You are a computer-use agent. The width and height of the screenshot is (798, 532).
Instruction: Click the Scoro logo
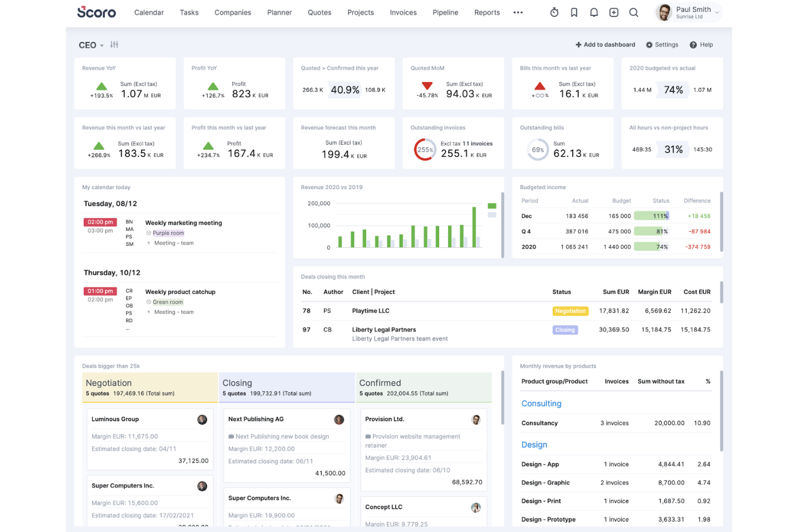click(97, 12)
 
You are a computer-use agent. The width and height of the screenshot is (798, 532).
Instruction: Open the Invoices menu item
click(403, 12)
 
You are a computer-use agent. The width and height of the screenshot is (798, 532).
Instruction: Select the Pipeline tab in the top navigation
click(445, 12)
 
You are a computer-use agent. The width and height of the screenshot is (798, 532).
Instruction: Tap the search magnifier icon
click(634, 12)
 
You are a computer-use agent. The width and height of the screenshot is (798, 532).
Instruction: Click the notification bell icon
click(594, 12)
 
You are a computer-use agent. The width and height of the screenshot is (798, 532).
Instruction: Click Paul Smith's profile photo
click(664, 12)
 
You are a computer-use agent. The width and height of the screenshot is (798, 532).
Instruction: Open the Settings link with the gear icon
click(662, 45)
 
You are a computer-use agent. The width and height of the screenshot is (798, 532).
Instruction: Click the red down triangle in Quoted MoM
click(427, 86)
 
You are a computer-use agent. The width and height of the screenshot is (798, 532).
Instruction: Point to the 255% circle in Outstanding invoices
click(425, 150)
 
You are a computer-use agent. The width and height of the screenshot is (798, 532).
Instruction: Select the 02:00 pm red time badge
click(100, 222)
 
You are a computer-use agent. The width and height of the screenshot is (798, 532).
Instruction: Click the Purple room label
click(168, 233)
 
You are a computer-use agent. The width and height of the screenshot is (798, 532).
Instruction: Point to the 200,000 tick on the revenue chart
click(319, 204)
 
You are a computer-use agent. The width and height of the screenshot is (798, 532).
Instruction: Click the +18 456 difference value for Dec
click(699, 216)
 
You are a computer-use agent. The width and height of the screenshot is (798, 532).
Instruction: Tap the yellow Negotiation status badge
click(570, 311)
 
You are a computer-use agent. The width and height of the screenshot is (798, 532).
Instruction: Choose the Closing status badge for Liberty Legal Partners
click(565, 330)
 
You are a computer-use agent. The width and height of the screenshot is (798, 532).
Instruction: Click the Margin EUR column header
click(654, 292)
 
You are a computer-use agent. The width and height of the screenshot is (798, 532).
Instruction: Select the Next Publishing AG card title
click(256, 419)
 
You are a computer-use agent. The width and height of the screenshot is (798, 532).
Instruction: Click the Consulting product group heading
click(541, 404)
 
